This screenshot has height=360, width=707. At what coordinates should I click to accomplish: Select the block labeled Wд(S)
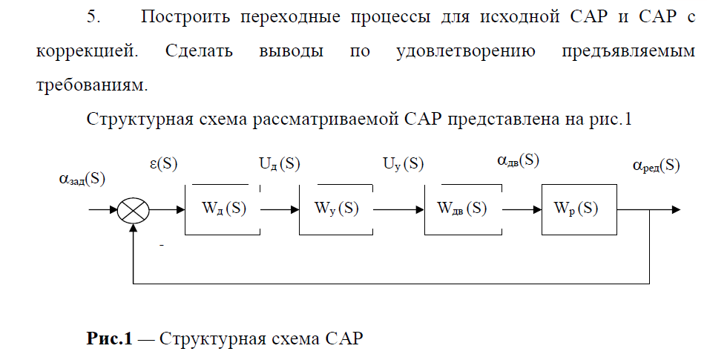(x=223, y=209)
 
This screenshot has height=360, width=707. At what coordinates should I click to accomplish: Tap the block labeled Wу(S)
(x=336, y=209)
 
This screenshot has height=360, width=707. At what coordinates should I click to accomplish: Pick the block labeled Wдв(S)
(x=461, y=209)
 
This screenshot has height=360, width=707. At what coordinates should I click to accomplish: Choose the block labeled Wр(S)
(x=579, y=209)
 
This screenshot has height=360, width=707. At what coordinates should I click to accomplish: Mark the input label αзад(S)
(x=82, y=179)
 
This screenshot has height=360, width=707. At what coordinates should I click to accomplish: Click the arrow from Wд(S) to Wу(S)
(x=280, y=210)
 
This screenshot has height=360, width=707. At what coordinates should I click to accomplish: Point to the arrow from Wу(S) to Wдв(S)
(x=398, y=210)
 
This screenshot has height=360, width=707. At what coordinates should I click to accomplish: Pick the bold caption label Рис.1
(x=110, y=340)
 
